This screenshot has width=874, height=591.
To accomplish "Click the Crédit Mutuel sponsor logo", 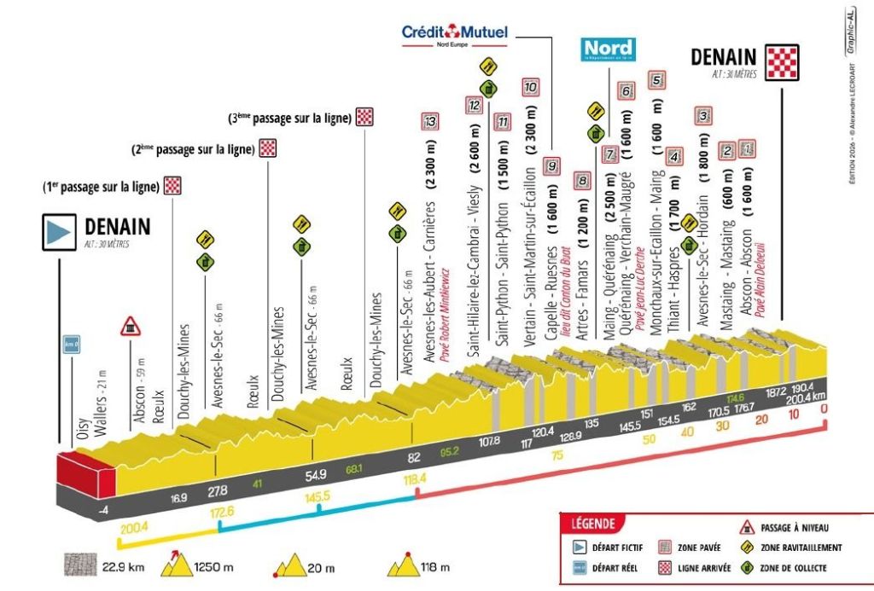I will coord(455,33).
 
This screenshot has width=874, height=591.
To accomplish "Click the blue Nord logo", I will coord(608,49).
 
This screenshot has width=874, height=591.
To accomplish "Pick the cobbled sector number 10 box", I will coord(530,86).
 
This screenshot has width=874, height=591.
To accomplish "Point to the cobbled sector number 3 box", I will coord(703,116).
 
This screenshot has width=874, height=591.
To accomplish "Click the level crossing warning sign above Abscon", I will coord(130,325).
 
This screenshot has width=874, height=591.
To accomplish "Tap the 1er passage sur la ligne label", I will coord(102,185).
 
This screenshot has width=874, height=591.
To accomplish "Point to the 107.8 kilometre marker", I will coord(490,442).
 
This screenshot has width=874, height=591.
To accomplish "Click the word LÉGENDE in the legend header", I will coord(591,524).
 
